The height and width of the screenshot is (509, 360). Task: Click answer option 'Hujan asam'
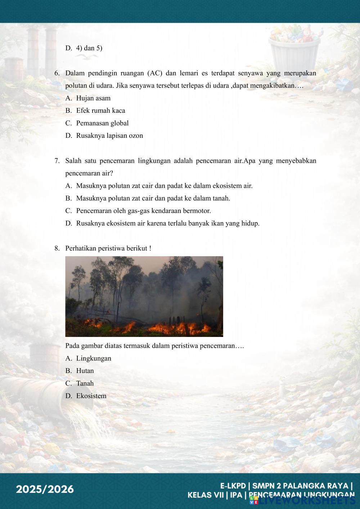(93, 98)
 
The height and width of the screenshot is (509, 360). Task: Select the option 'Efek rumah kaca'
(100, 111)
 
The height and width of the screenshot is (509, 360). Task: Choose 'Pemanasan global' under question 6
(102, 123)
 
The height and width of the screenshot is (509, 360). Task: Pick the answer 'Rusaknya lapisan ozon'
(109, 136)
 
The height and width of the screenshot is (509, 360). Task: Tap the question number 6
(57, 73)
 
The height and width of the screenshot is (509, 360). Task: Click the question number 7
(57, 161)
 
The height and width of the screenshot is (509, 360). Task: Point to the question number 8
(57, 248)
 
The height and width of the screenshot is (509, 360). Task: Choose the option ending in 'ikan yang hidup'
(167, 224)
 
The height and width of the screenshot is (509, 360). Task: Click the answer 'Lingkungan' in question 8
(94, 359)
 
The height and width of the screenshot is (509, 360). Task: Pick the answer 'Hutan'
(85, 371)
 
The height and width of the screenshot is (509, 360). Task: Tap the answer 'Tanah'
(85, 383)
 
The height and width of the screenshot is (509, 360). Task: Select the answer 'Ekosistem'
(91, 396)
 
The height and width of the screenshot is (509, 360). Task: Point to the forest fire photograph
(144, 296)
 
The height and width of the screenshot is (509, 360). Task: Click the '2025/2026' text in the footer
(45, 490)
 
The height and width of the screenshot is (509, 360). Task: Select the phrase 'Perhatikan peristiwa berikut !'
(108, 248)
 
